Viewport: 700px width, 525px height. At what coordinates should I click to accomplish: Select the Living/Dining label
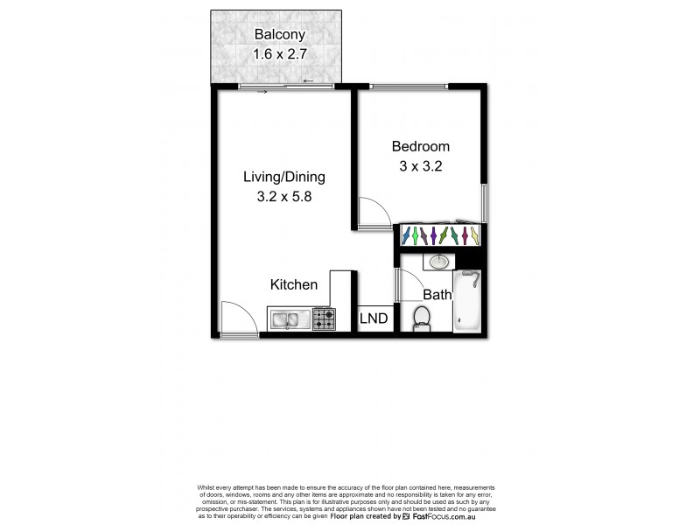283,177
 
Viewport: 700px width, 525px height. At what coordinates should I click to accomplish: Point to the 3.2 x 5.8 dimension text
283,197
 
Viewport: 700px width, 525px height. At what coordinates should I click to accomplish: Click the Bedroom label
420,146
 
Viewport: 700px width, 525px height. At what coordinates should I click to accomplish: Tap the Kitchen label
293,284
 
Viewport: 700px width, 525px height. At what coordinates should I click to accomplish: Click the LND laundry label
374,318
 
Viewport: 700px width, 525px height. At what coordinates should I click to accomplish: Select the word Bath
437,295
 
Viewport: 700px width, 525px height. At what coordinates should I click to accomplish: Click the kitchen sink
288,318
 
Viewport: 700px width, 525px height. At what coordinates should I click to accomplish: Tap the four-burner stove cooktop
324,318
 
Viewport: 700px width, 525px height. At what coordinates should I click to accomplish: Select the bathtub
469,301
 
